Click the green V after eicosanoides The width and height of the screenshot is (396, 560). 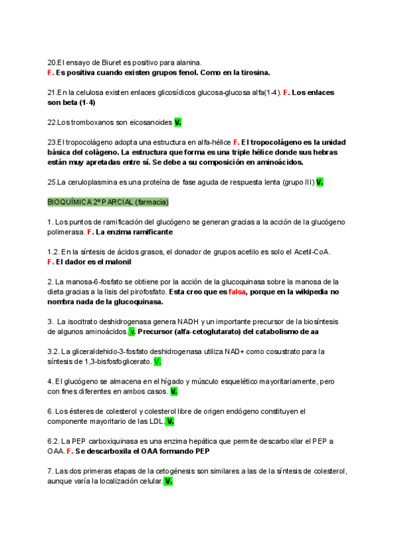pos(178,122)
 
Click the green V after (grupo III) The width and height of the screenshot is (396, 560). pos(319,182)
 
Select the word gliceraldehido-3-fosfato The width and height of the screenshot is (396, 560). pos(111,351)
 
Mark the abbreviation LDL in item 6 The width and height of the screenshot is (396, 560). pos(156,421)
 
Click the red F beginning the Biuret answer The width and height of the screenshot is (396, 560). pos(50,72)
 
